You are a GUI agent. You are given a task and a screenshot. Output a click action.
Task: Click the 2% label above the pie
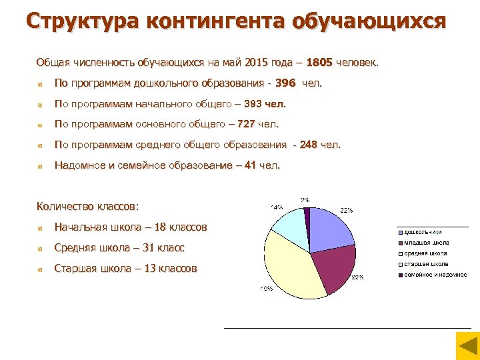(x=305, y=200)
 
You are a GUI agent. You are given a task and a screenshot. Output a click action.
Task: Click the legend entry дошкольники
(x=423, y=232)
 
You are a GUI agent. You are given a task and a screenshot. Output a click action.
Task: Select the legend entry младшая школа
(x=427, y=243)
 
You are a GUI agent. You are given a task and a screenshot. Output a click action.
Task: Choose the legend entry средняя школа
(x=425, y=253)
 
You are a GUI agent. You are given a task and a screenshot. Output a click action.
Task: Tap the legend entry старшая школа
(x=425, y=264)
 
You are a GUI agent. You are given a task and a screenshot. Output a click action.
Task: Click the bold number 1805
(x=321, y=63)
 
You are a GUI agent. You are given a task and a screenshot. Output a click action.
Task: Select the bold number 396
(x=285, y=83)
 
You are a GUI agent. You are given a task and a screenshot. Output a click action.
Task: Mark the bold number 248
(x=308, y=145)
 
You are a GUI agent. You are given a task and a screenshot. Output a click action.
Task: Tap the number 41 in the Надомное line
(x=250, y=165)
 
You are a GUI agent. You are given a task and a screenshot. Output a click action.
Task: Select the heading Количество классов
(x=93, y=206)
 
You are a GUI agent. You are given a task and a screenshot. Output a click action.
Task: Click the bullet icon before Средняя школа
(x=41, y=249)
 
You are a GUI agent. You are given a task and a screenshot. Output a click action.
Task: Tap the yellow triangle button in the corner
(x=467, y=347)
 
